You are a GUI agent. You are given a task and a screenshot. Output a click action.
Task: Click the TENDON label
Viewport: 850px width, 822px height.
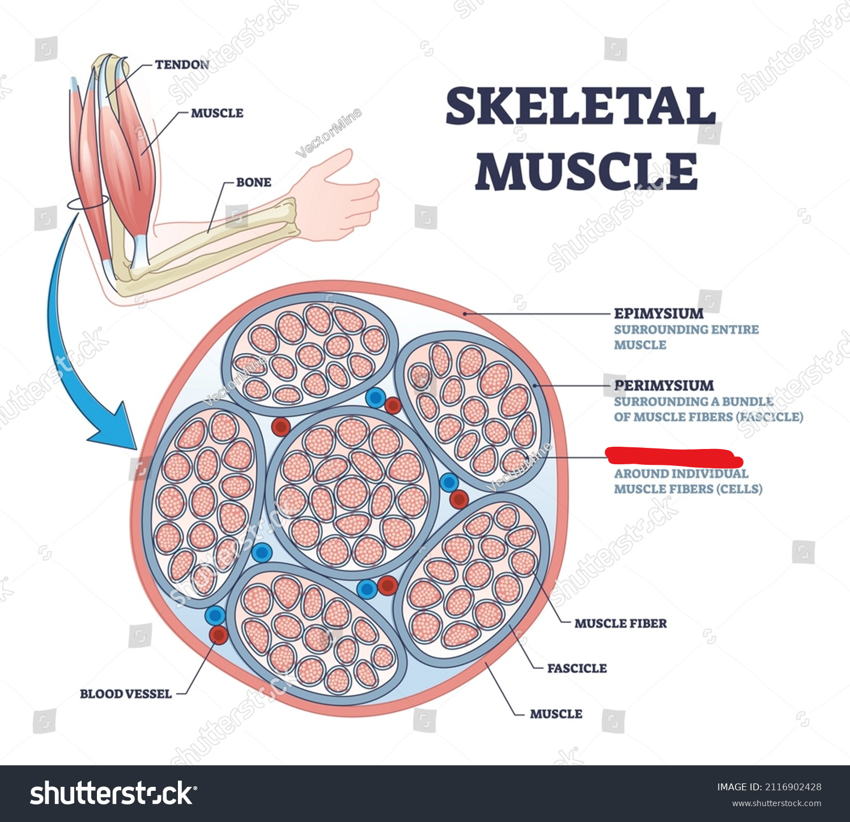182,65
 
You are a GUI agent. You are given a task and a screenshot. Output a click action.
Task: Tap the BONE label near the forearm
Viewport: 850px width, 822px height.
253,182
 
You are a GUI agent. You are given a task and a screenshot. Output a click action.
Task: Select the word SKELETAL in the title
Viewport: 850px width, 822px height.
580,106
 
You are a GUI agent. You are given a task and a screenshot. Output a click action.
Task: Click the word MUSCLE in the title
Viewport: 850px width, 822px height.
586,171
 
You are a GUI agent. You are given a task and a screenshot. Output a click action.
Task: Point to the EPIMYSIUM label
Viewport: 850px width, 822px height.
658,313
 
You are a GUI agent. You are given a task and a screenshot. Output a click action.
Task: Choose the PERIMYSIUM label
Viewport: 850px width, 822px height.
664,385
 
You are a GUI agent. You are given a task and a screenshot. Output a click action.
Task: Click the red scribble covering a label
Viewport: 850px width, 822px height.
673,457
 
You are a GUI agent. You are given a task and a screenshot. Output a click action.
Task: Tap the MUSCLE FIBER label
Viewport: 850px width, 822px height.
620,624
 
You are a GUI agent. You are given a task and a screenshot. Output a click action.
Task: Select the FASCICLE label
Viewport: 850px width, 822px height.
576,668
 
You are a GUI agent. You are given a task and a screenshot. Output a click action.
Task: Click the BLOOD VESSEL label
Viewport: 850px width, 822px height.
125,694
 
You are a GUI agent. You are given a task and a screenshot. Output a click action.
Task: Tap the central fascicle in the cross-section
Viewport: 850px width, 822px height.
352,491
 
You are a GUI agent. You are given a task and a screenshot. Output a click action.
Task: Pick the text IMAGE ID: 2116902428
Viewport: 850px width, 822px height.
768,787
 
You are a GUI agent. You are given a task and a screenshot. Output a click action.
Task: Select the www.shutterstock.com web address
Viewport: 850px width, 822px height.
776,803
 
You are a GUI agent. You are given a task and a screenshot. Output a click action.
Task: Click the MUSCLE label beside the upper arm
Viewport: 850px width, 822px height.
216,113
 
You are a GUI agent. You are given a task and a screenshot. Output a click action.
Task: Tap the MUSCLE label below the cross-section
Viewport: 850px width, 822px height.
555,714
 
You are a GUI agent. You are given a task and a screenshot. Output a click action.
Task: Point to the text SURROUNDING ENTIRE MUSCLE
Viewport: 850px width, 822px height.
686,337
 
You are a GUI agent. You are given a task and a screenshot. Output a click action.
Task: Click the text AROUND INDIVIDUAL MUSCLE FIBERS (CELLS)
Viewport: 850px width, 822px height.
687,481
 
